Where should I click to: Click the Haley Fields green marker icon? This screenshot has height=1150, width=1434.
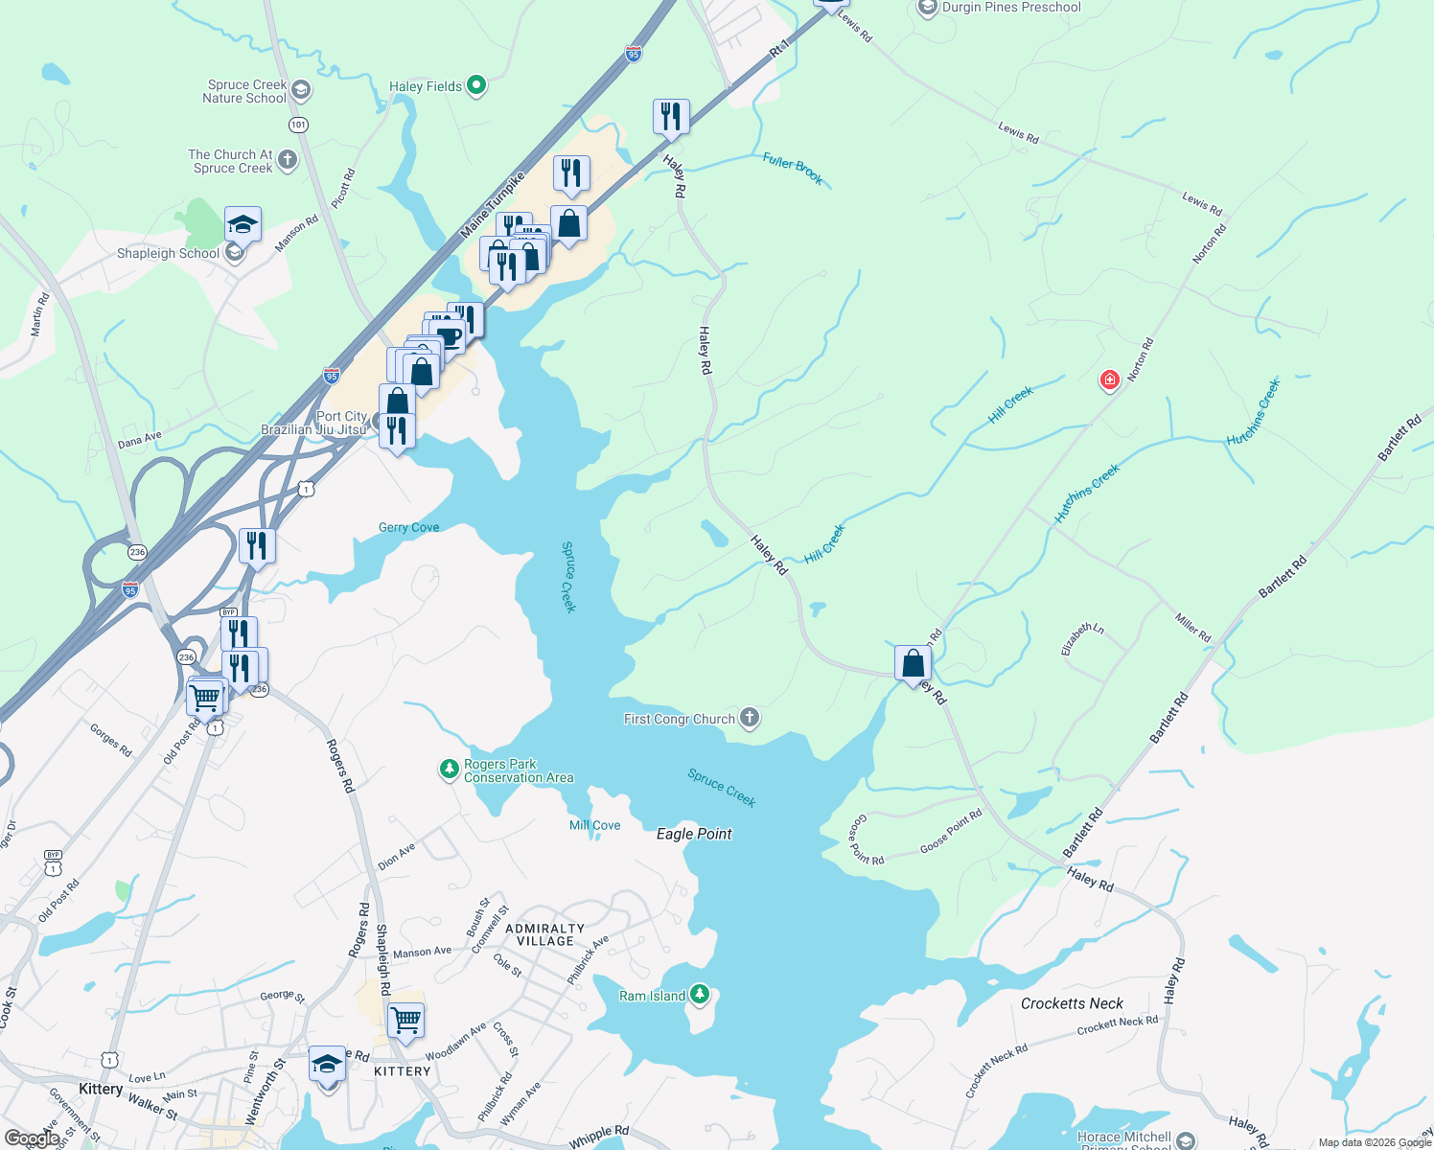pos(475,86)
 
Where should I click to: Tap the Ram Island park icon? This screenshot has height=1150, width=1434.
pos(700,996)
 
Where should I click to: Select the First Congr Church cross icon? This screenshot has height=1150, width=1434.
pos(750,718)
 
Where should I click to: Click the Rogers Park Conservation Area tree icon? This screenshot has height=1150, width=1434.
pos(449,770)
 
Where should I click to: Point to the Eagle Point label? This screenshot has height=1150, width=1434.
pos(694,834)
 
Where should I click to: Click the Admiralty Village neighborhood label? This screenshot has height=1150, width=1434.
pos(544,934)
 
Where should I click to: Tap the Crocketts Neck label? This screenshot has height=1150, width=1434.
pos(1072,1003)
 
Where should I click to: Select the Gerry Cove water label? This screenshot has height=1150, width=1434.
pos(409,527)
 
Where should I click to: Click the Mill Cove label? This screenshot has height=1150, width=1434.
pos(594,825)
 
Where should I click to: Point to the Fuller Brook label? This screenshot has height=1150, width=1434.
pos(793,169)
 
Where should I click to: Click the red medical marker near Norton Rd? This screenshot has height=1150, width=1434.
pos(1109,380)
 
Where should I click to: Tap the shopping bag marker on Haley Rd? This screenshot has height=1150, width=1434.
pos(913,663)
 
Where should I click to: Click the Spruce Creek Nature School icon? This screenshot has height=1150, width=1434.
pos(300,91)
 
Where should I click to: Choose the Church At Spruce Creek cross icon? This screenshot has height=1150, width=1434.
pos(288,160)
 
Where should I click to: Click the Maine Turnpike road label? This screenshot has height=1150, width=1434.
pos(493,205)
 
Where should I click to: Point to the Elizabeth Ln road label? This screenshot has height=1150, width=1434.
pos(1082,639)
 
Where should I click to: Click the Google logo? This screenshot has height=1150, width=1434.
pos(32,1138)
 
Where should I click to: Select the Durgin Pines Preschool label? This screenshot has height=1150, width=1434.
pos(1010,8)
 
